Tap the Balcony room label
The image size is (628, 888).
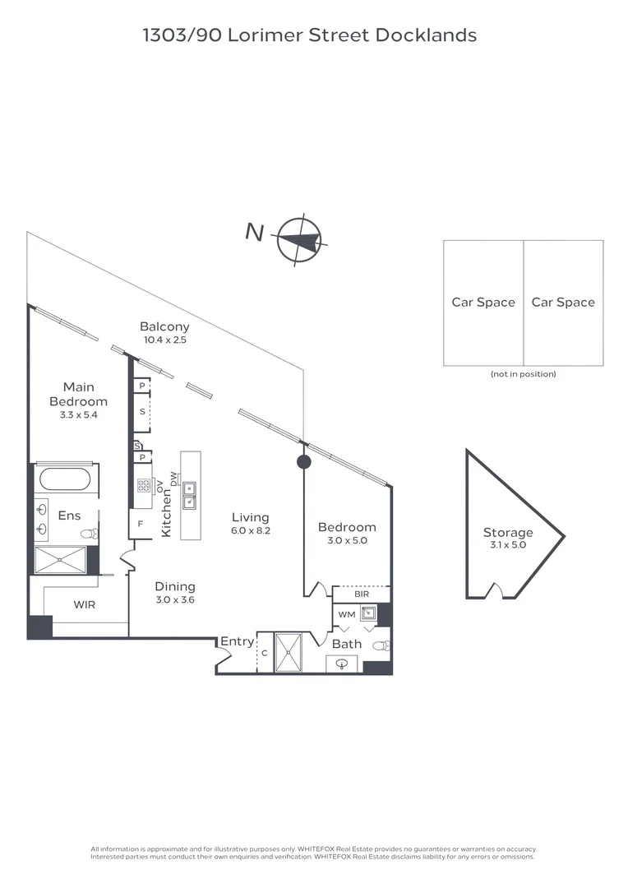164,327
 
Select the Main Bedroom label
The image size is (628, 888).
78,394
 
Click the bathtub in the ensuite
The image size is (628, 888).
67,479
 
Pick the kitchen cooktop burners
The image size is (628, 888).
143,485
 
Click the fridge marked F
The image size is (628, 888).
140,523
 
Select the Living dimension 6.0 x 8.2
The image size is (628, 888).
251,530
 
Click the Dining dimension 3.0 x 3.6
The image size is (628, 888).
175,599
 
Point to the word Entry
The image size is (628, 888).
237,641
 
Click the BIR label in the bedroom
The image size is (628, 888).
361,593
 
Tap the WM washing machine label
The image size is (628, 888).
346,614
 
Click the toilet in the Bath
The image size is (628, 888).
379,646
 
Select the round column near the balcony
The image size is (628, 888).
303,461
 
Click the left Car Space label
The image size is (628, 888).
483,303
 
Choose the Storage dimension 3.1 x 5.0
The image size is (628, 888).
508,545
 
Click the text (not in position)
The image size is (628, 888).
523,374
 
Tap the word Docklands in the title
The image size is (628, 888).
426,35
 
